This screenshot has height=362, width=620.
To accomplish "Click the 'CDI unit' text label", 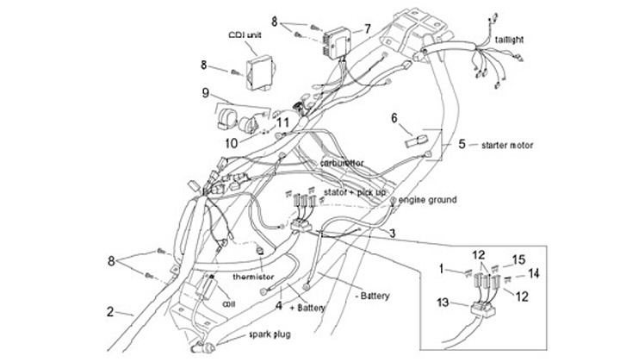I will pyautogui.click(x=246, y=35).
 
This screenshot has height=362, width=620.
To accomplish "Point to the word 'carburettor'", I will pyautogui.click(x=342, y=162).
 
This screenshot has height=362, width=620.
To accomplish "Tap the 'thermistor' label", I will pyautogui.click(x=254, y=278).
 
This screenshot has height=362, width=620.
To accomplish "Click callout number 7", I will pyautogui.click(x=367, y=28).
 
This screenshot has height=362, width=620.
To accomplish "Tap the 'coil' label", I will pyautogui.click(x=229, y=303).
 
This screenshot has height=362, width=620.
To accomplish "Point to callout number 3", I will pyautogui.click(x=392, y=234).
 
